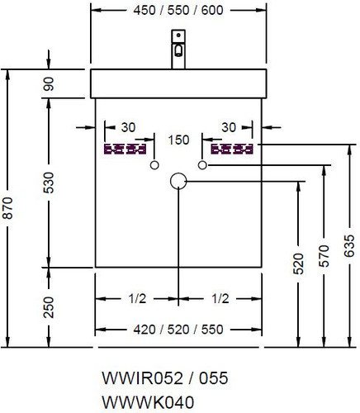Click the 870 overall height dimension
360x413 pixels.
(8, 207)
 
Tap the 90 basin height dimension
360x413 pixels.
(49, 83)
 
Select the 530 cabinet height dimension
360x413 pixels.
(49, 183)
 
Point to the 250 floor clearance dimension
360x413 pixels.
(49, 307)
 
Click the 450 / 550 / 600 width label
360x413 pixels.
(178, 11)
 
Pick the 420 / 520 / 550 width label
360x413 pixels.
(178, 330)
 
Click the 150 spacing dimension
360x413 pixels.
(178, 140)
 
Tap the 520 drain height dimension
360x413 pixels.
(298, 263)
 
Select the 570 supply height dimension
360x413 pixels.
(324, 256)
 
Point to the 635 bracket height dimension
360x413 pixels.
(349, 245)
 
